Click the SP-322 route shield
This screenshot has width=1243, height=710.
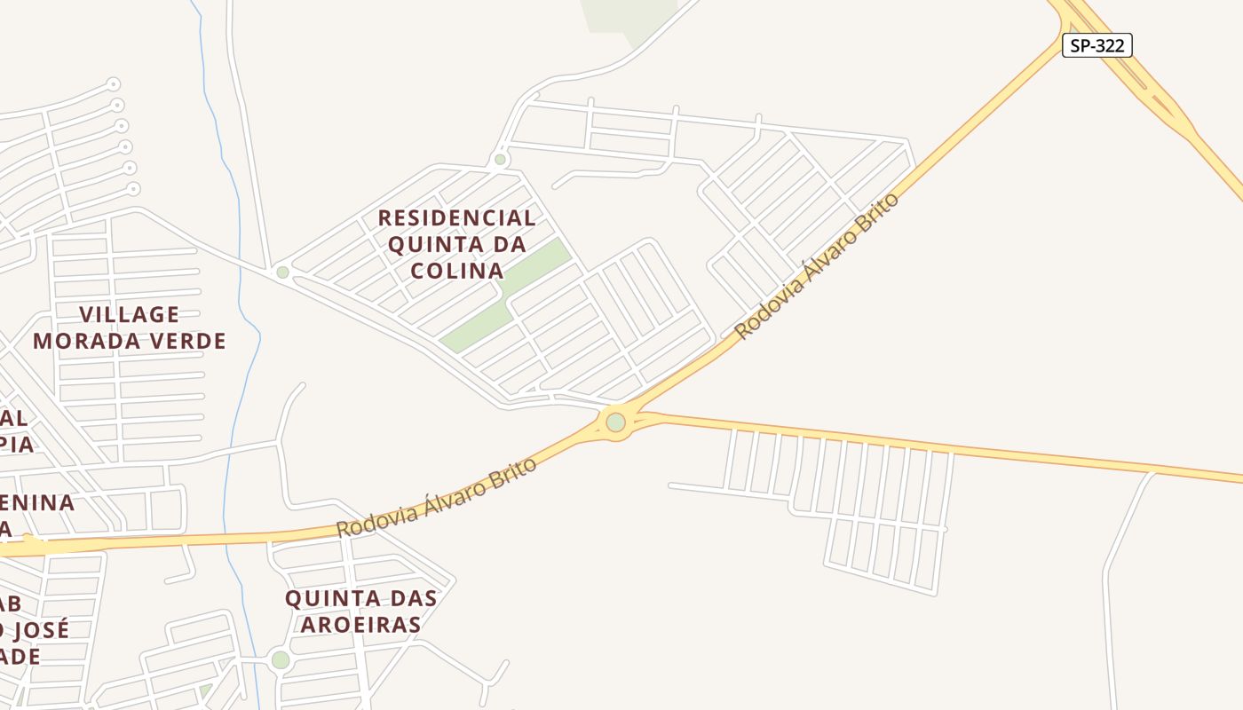[x=1097, y=45]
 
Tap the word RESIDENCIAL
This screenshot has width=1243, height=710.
[x=456, y=217]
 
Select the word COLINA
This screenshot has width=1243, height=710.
[x=457, y=270]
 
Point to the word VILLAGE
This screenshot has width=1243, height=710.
[x=130, y=314]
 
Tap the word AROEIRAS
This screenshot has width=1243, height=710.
[x=360, y=625]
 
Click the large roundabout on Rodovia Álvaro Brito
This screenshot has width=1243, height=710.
[x=616, y=422]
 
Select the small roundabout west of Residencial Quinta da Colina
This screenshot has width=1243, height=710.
[x=282, y=272]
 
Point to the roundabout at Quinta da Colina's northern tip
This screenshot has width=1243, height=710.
[x=500, y=160]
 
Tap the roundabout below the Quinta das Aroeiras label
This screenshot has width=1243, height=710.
[x=281, y=659]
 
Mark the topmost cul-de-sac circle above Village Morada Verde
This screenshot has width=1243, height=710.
[x=113, y=84]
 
